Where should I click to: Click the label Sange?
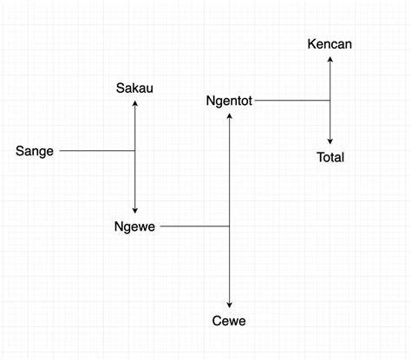pyautogui.click(x=35, y=152)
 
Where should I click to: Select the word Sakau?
pyautogui.click(x=134, y=88)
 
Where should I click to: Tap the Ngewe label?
pyautogui.click(x=134, y=227)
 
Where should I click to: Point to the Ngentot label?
pyautogui.click(x=229, y=101)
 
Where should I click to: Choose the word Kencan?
pyautogui.click(x=329, y=44)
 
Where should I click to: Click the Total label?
pyautogui.click(x=330, y=157)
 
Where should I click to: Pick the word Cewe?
pyautogui.click(x=229, y=321)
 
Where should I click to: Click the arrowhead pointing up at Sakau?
pyautogui.click(x=134, y=103)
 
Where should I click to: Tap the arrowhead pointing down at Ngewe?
pyautogui.click(x=134, y=211)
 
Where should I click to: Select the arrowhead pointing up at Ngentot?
pyautogui.click(x=230, y=116)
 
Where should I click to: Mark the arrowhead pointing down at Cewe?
pyautogui.click(x=230, y=305)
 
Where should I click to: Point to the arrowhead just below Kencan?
pyautogui.click(x=330, y=59)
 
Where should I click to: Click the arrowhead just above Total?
pyautogui.click(x=330, y=141)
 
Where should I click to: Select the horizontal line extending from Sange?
pyautogui.click(x=97, y=151)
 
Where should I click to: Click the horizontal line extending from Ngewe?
pyautogui.click(x=195, y=226)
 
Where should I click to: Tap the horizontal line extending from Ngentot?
pyautogui.click(x=292, y=101)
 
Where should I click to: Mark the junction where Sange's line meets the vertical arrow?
pyautogui.click(x=134, y=151)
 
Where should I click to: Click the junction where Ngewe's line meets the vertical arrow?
pyautogui.click(x=230, y=226)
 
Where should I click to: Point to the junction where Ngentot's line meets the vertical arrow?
pyautogui.click(x=330, y=101)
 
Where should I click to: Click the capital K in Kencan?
pyautogui.click(x=311, y=44)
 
